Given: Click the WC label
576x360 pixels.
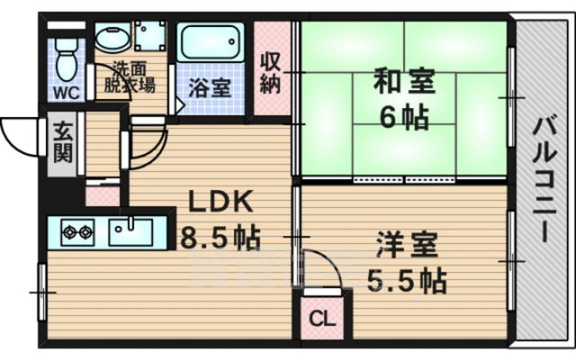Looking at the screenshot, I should (x=65, y=92).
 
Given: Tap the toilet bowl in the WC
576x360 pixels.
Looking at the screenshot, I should (x=65, y=61).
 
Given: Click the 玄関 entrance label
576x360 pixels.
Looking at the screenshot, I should (x=62, y=141).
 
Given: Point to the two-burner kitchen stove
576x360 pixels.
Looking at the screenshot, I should (x=76, y=233).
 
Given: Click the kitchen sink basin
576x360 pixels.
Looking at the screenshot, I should (x=133, y=231).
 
